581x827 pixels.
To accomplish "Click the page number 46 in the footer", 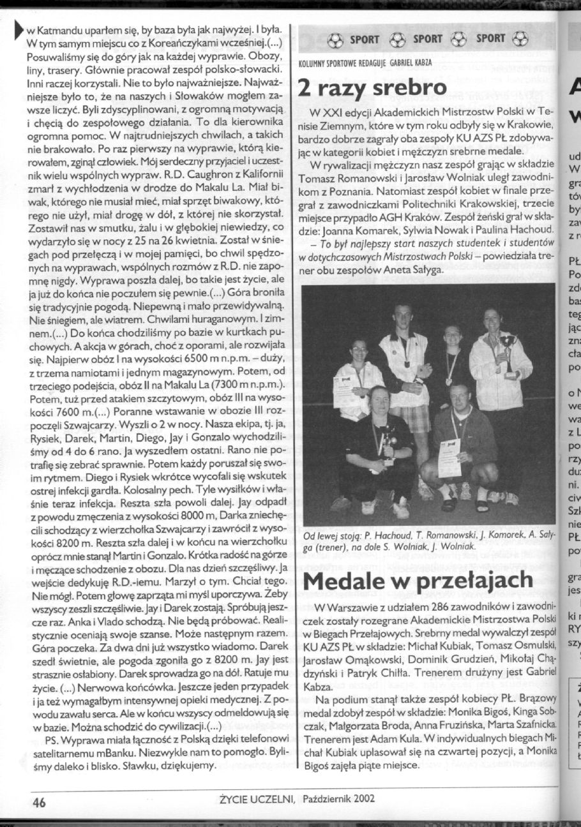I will (x=43, y=799).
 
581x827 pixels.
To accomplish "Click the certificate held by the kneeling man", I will (x=449, y=456).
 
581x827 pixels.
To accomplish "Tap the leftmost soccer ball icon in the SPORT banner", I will (x=336, y=40).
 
